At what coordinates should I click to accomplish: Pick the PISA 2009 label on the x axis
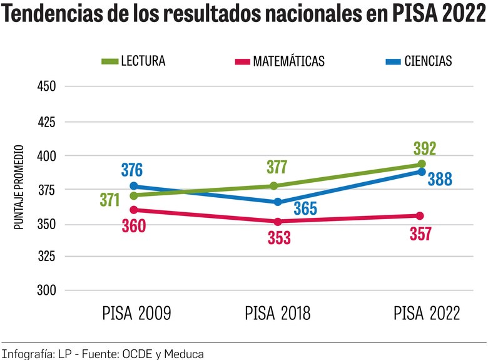136,313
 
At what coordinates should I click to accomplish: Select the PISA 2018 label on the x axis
277,313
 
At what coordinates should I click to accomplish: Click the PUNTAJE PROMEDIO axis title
19,187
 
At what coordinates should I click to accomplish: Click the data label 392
424,149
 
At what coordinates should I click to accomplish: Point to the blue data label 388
440,180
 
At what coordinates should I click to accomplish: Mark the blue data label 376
131,170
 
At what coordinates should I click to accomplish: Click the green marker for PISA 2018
274,186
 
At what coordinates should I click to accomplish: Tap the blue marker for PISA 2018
278,202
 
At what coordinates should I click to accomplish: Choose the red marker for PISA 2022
420,216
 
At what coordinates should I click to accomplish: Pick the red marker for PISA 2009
133,210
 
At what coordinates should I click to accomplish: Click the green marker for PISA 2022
422,164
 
